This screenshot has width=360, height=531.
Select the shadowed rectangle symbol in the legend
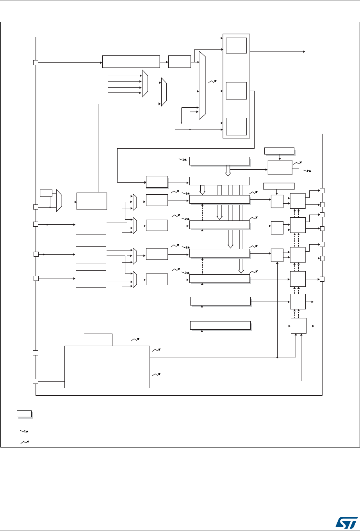24,414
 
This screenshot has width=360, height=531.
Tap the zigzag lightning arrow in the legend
24,432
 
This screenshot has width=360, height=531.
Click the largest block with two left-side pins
107,366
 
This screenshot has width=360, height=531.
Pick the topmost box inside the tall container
236,46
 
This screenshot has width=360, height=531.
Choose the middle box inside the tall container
236,91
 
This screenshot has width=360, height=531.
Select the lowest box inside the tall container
236,126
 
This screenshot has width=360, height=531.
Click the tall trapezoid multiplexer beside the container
202,85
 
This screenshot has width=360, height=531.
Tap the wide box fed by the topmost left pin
131,62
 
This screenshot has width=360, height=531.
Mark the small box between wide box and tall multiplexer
180,62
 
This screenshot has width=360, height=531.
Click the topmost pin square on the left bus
36,62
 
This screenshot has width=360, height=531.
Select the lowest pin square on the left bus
36,381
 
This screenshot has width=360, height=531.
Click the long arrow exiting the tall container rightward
277,52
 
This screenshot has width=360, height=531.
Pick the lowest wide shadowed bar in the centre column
219,325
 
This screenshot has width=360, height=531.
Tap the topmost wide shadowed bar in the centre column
219,161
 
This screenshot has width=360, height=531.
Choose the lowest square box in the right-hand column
298,325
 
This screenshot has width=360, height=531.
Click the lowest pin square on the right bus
323,279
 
